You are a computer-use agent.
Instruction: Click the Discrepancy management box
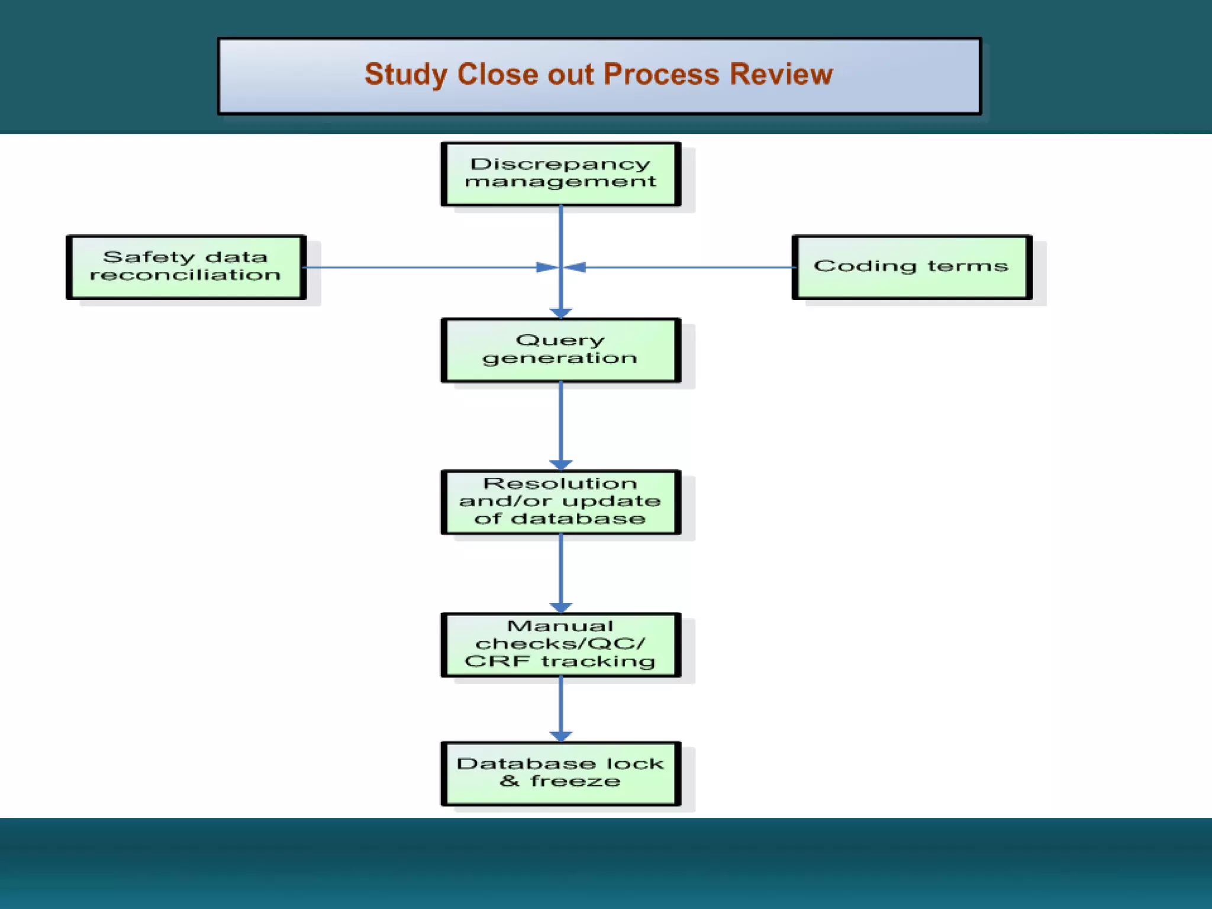(560, 174)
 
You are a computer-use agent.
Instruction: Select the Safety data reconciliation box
(186, 267)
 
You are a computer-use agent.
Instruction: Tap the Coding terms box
(911, 267)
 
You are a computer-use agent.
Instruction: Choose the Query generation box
(560, 350)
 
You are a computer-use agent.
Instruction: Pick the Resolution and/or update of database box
(560, 502)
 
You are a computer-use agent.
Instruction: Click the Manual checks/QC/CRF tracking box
(560, 644)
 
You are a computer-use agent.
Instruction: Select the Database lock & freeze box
(560, 773)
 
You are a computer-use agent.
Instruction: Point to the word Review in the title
(781, 75)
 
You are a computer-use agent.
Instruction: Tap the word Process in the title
(662, 75)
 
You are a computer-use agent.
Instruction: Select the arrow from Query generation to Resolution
(560, 423)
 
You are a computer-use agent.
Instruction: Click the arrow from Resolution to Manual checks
(560, 571)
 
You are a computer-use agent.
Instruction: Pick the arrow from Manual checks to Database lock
(560, 707)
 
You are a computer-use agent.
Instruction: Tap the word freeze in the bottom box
(575, 781)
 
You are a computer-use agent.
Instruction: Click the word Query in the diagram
(560, 340)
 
